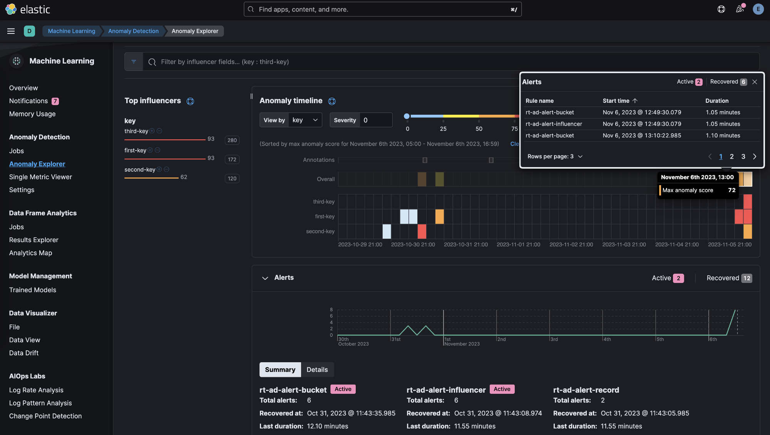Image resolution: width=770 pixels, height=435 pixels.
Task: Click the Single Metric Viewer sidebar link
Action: tap(40, 177)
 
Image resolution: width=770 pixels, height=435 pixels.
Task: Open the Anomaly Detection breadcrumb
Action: tap(133, 31)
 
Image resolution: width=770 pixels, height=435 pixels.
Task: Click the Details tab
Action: tap(317, 370)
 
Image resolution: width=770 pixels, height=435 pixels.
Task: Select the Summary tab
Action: tap(280, 370)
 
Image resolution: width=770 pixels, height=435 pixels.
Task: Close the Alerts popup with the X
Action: tap(755, 82)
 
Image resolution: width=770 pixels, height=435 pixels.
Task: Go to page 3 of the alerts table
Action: tap(743, 157)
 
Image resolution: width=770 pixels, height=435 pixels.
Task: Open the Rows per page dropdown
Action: tap(555, 157)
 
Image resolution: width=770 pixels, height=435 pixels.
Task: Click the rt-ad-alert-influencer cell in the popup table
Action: tap(554, 124)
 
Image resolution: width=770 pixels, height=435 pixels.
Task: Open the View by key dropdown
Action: tap(305, 120)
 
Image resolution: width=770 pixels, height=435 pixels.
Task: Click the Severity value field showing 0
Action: tap(375, 120)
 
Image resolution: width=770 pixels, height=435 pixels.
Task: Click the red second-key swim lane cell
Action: tap(422, 231)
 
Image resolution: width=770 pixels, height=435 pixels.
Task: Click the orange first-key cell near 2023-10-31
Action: tap(439, 217)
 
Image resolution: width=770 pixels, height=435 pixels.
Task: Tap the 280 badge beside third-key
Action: tap(232, 141)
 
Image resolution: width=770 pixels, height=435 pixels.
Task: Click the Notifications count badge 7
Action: tap(55, 101)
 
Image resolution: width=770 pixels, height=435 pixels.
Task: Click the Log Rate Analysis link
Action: tap(36, 390)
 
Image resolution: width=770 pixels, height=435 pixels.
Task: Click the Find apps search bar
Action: tap(382, 9)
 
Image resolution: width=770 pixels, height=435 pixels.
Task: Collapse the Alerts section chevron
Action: tap(265, 278)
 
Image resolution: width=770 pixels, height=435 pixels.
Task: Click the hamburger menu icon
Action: tap(11, 31)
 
